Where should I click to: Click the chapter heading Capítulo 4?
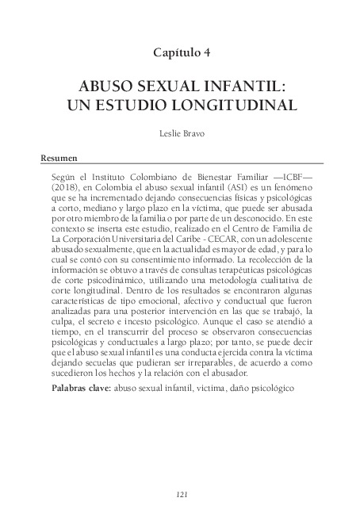click(180, 53)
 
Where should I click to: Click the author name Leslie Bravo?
click(180, 134)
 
